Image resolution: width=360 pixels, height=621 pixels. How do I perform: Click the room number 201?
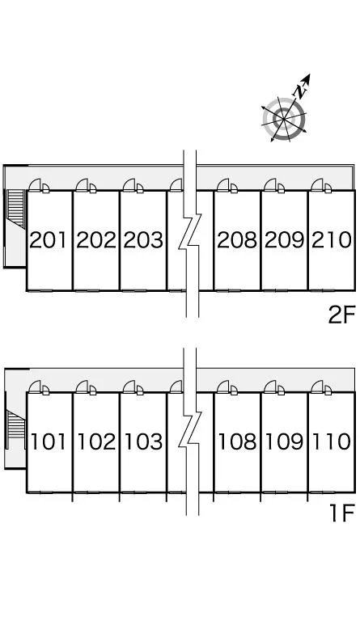[48, 240]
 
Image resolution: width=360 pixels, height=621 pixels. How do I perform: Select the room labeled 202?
[96, 240]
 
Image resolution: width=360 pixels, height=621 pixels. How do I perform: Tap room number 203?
[143, 240]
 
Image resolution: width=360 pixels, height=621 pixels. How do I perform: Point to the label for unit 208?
[237, 240]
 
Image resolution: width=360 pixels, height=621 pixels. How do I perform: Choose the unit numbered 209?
[284, 240]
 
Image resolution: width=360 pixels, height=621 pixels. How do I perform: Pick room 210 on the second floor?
[332, 240]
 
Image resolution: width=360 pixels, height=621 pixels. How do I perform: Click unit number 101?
[49, 441]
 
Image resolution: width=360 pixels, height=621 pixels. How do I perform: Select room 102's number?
[96, 441]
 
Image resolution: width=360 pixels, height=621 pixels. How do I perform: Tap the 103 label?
[143, 441]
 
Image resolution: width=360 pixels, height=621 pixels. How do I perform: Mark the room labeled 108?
[237, 441]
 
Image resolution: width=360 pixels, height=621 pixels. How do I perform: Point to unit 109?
[284, 441]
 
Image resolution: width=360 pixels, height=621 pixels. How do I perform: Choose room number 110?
[332, 441]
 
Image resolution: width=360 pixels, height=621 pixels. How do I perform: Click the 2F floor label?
[341, 315]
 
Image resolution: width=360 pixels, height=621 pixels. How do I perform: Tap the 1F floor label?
[341, 514]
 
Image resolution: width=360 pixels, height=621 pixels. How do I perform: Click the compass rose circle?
[284, 119]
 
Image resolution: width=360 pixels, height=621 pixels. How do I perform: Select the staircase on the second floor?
[16, 209]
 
